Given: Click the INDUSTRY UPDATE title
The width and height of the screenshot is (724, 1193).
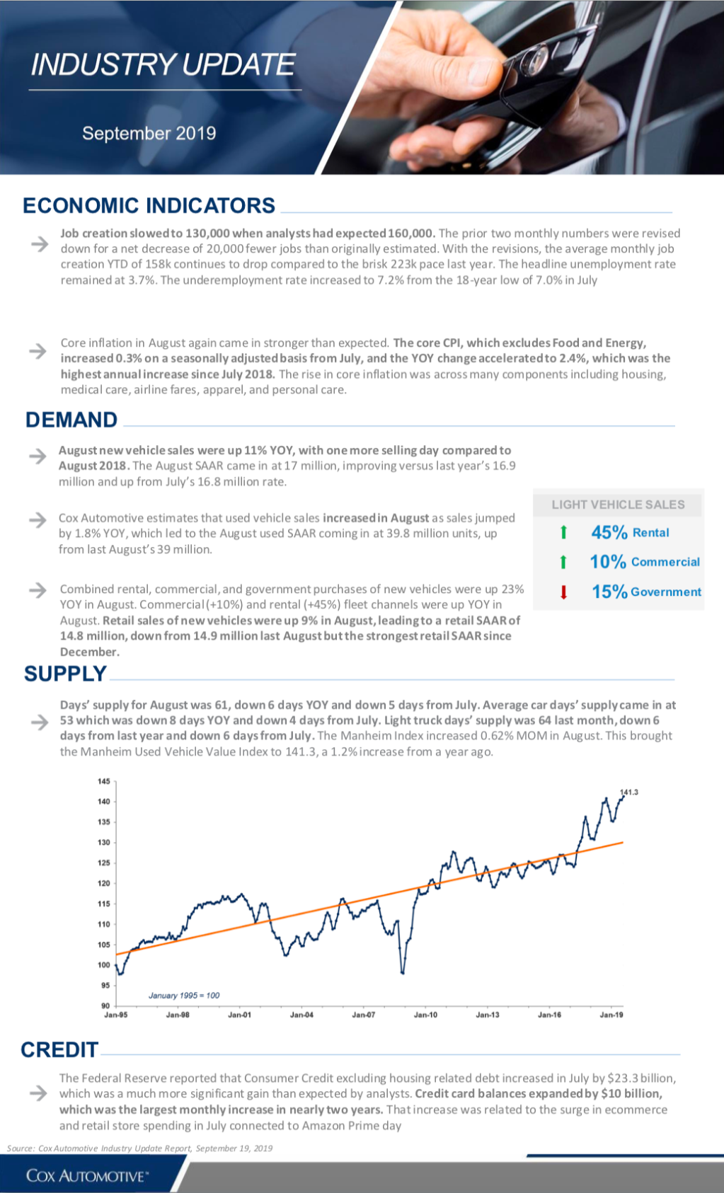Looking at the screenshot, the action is tap(163, 64).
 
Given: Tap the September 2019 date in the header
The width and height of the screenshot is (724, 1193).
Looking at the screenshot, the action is tap(149, 133).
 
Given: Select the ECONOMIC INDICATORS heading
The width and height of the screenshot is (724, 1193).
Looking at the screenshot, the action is tap(149, 206).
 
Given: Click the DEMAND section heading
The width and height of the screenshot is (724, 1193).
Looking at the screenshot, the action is tap(71, 420).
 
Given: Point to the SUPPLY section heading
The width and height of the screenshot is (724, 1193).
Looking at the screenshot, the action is tap(66, 674).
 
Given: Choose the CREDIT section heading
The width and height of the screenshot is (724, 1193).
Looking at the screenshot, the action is tap(59, 1049).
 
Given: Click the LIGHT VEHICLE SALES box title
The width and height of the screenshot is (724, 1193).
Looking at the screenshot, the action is tap(618, 505).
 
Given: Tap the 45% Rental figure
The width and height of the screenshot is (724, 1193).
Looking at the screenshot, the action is tap(631, 532).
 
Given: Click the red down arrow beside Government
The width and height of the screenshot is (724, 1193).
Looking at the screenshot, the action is tap(563, 592).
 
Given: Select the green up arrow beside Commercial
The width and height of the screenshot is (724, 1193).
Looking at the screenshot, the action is tap(563, 562).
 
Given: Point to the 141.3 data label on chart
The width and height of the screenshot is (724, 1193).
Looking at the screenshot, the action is tap(629, 792).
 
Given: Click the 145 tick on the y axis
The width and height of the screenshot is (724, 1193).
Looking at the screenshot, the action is tap(103, 781).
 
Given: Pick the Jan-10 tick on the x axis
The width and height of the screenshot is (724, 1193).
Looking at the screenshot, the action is tap(425, 1015).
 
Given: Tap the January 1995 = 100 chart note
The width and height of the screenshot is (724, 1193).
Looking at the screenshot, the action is tap(184, 995).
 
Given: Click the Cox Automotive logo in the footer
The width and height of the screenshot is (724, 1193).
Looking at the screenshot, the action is tap(87, 1175).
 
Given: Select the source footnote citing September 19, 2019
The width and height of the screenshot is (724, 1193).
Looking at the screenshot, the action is tap(139, 1148).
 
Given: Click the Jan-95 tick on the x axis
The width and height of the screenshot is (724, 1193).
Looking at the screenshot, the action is tap(115, 1015).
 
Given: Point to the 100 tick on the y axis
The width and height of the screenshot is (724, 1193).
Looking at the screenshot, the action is tap(103, 964).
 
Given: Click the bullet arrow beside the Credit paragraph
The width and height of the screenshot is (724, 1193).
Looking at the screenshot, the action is tap(38, 1093).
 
